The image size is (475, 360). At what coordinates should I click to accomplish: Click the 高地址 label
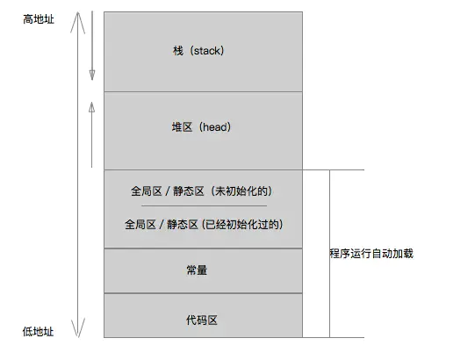[38, 18]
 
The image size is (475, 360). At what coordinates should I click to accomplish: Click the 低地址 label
[38, 331]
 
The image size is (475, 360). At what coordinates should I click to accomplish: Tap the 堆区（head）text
[201, 128]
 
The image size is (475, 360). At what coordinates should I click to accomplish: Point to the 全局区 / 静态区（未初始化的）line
[204, 190]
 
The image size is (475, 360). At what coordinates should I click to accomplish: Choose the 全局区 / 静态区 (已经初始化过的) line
[204, 223]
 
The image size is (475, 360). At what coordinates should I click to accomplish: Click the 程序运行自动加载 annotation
[371, 253]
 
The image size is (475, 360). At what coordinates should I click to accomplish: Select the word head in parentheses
[213, 128]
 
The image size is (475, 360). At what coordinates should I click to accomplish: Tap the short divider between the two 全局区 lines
[204, 205]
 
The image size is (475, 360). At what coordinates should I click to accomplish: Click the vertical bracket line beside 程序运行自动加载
[329, 253]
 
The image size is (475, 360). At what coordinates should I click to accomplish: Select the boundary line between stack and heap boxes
[203, 91]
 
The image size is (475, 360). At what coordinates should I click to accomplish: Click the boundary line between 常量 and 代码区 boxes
[203, 294]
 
